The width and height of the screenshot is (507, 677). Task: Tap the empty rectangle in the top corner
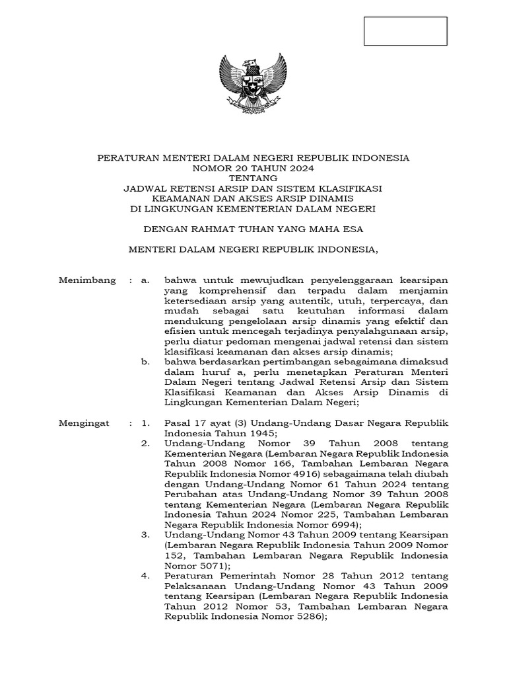(x=406, y=31)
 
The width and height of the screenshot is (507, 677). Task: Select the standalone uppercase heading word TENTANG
(x=253, y=179)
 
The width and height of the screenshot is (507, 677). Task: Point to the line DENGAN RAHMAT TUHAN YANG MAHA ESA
(x=253, y=229)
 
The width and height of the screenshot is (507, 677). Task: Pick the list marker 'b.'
(x=146, y=362)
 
